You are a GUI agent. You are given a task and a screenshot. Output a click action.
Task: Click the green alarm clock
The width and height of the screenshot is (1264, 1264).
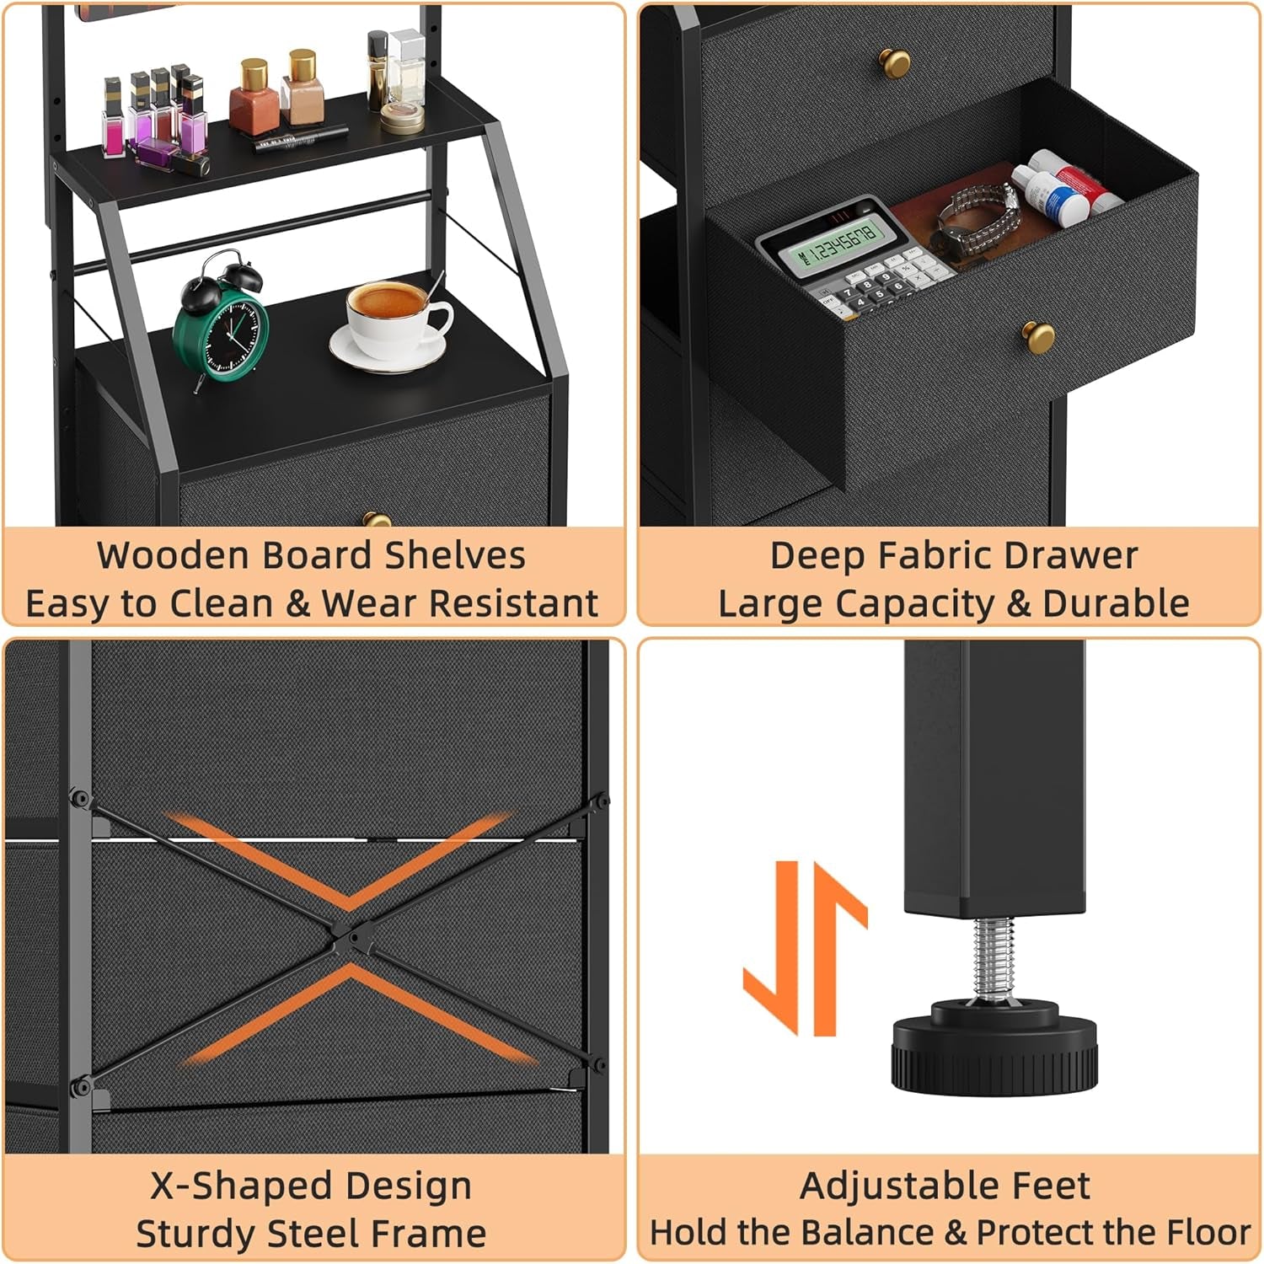pos(221,324)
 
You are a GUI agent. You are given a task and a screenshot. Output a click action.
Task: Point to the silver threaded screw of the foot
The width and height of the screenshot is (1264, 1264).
pos(995,956)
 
